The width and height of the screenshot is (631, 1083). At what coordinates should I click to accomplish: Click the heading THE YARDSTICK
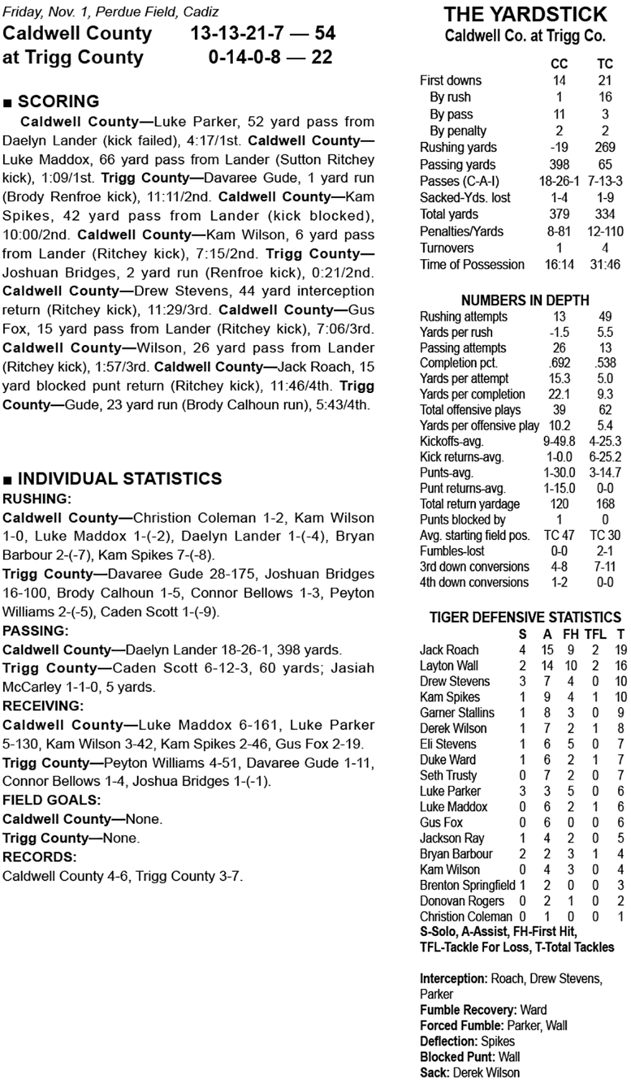click(x=525, y=15)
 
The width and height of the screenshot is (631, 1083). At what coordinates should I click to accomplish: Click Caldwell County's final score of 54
click(x=325, y=33)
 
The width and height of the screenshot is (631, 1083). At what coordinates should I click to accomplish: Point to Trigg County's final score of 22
click(x=322, y=57)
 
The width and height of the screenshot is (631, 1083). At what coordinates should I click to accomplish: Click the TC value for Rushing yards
click(x=604, y=148)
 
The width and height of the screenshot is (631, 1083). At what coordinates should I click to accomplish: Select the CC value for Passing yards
click(x=559, y=165)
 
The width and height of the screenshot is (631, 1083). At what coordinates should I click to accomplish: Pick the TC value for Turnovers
click(x=604, y=248)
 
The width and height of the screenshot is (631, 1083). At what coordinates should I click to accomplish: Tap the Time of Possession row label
click(x=472, y=265)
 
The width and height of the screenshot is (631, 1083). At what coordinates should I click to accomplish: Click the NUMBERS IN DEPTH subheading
click(x=525, y=300)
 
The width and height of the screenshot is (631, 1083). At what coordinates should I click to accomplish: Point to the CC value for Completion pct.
click(x=559, y=363)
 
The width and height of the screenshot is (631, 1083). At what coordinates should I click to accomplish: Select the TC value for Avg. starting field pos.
click(x=604, y=536)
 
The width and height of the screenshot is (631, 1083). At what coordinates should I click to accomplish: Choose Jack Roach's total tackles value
click(x=621, y=650)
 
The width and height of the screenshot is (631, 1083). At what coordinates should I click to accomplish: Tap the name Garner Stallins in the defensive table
click(x=457, y=713)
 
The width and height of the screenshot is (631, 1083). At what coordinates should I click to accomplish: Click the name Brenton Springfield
click(x=468, y=886)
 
